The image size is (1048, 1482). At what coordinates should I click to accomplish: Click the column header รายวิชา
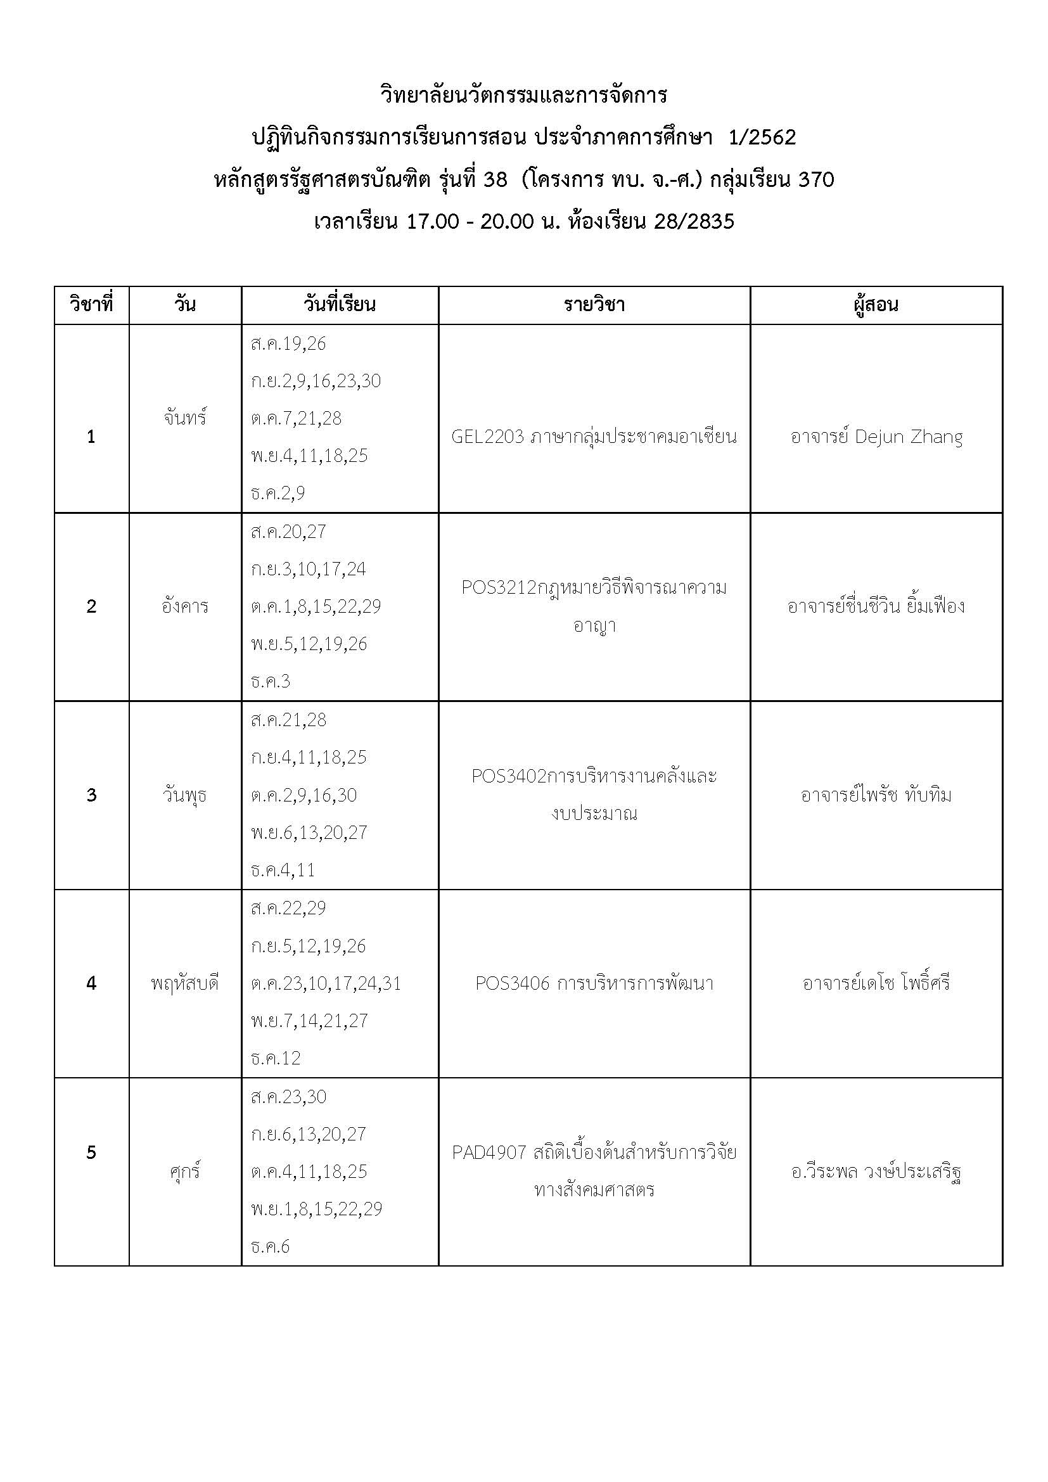pyautogui.click(x=594, y=305)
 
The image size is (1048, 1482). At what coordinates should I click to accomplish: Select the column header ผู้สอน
pyautogui.click(x=876, y=305)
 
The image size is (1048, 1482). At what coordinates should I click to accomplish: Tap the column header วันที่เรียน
pyautogui.click(x=340, y=305)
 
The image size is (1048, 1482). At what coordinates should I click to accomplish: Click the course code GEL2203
pyautogui.click(x=487, y=438)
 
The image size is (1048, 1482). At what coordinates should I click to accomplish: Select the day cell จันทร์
pyautogui.click(x=184, y=418)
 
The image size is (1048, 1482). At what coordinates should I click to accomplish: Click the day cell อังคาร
pyautogui.click(x=184, y=607)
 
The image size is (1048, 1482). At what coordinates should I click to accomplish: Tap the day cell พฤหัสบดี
pyautogui.click(x=184, y=984)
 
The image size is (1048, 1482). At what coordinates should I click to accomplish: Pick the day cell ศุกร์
pyautogui.click(x=184, y=1172)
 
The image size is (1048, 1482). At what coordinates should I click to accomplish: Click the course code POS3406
pyautogui.click(x=512, y=984)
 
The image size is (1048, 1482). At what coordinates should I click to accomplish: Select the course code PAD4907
pyautogui.click(x=489, y=1153)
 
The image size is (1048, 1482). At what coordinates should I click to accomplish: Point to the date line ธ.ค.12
pyautogui.click(x=276, y=1058)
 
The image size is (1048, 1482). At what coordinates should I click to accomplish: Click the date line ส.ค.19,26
pyautogui.click(x=288, y=344)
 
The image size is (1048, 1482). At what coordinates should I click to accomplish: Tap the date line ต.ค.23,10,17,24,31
pyautogui.click(x=326, y=984)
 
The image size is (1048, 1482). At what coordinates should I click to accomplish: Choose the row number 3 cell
pyautogui.click(x=91, y=795)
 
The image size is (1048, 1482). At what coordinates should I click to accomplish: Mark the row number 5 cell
pyautogui.click(x=91, y=1153)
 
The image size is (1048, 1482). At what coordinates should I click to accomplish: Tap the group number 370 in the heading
pyautogui.click(x=815, y=179)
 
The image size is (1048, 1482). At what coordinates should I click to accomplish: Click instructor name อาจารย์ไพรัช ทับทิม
pyautogui.click(x=876, y=795)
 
